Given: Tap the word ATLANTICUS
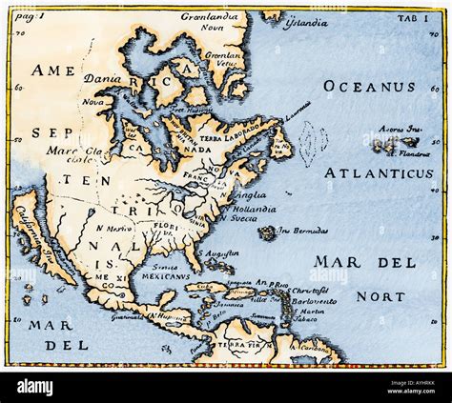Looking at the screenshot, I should tap(380, 172).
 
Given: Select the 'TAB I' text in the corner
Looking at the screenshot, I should tap(418, 17).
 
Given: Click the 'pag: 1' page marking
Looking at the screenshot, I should tap(29, 17).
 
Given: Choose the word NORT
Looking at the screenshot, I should tap(380, 296).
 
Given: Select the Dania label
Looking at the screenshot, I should tap(103, 80).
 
